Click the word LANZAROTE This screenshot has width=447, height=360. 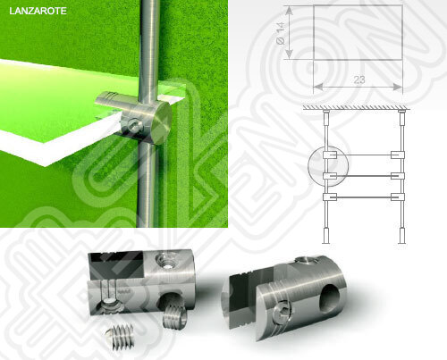click(38, 11)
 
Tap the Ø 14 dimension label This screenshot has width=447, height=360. click(281, 33)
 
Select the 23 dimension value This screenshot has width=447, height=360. click(359, 80)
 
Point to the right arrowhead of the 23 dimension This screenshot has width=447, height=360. click(398, 87)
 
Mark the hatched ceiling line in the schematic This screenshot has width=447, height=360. click(357, 108)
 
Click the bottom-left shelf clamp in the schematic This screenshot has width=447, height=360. click(330, 197)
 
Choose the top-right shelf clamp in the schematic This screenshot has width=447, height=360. click(398, 155)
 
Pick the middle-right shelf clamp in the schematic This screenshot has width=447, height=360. click(398, 176)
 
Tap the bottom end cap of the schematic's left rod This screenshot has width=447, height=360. click(326, 236)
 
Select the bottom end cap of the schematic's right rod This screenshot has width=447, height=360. click(402, 236)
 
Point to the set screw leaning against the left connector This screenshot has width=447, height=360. click(175, 316)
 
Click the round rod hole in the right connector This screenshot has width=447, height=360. click(330, 299)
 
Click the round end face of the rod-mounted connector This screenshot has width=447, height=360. click(160, 122)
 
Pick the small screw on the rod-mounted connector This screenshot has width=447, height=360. click(133, 125)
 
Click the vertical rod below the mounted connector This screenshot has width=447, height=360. click(148, 185)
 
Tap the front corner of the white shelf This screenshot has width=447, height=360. click(46, 165)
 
